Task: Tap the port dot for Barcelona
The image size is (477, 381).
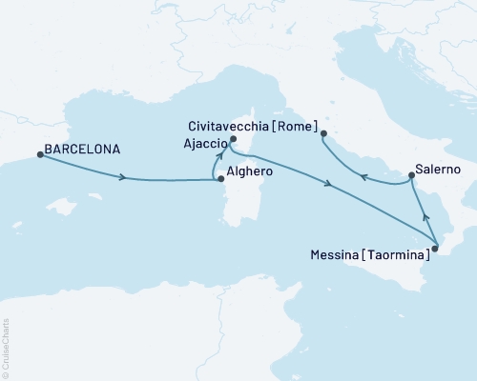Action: (x=39, y=155)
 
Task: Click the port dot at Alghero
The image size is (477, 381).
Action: (x=220, y=178)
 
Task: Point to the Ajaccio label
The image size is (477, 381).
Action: (x=199, y=143)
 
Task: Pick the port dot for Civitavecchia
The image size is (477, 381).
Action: (x=324, y=133)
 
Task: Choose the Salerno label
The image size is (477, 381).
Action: (x=441, y=169)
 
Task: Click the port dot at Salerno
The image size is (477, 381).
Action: (x=411, y=175)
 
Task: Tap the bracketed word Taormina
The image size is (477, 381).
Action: (x=393, y=254)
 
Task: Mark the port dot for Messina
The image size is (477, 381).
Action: (x=434, y=250)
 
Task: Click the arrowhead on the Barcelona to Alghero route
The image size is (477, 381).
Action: (x=124, y=177)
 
